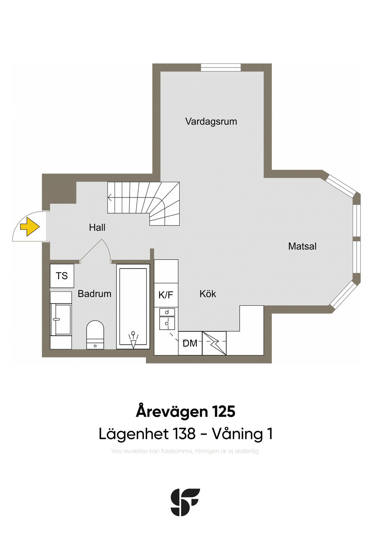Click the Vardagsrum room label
(x=211, y=122)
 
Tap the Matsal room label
(x=302, y=246)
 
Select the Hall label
(x=97, y=228)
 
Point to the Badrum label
(x=94, y=294)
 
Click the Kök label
(x=208, y=294)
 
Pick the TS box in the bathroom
(x=62, y=276)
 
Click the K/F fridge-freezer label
(x=166, y=295)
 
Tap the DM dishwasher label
(x=190, y=344)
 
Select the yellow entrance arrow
(x=29, y=227)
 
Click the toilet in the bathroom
(x=95, y=334)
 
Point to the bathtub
(x=133, y=307)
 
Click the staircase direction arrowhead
(x=109, y=198)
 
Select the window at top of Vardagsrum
(x=221, y=67)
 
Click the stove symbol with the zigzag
(x=214, y=344)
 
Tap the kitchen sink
(x=167, y=318)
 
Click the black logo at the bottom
(x=185, y=502)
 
